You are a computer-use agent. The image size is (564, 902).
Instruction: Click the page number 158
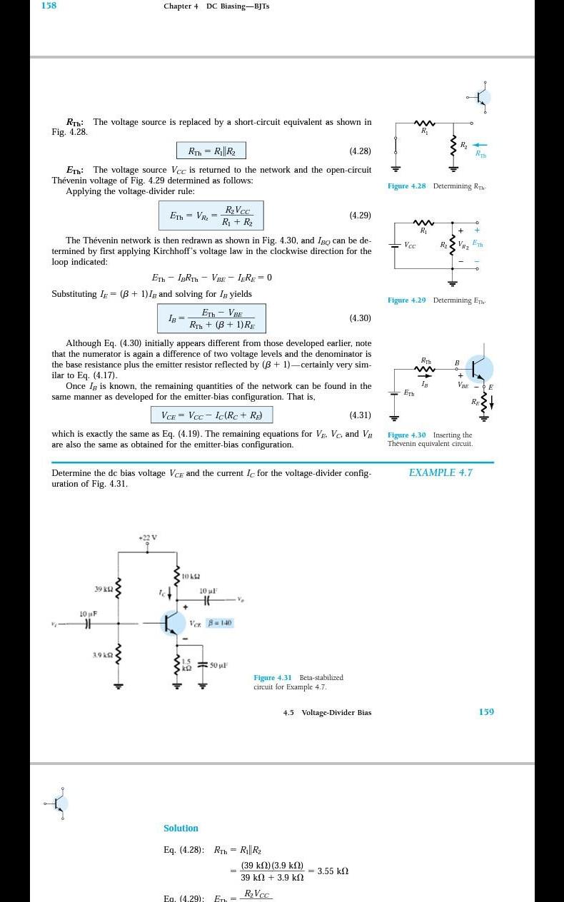[x=49, y=6]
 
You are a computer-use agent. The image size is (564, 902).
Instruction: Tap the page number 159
[x=486, y=711]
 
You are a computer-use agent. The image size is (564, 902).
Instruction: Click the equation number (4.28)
[x=360, y=151]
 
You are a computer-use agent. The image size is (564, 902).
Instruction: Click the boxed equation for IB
[x=211, y=318]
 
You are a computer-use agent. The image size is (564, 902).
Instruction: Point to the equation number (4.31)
[x=360, y=415]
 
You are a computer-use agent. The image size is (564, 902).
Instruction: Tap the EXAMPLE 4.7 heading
[x=440, y=472]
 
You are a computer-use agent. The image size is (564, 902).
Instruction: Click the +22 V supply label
[x=148, y=537]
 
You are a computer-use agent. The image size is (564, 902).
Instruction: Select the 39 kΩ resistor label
[x=104, y=589]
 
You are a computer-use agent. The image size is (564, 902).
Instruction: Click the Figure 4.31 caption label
[x=273, y=677]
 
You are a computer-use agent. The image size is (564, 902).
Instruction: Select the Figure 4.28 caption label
[x=407, y=186]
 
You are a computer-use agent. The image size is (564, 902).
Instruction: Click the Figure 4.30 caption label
[x=407, y=435]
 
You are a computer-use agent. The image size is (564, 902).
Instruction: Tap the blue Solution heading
[x=181, y=828]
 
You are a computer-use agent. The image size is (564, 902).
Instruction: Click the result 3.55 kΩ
[x=333, y=871]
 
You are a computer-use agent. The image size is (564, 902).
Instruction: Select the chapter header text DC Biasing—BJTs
[x=238, y=6]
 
